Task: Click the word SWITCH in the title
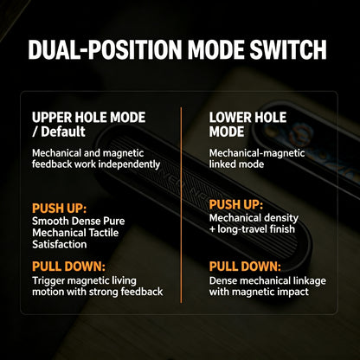(288, 49)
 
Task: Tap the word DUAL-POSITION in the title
(105, 49)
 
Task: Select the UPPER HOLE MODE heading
(89, 118)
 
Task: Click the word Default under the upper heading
(63, 132)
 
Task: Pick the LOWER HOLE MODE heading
(247, 125)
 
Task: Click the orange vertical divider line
(181, 205)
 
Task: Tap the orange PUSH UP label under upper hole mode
(59, 208)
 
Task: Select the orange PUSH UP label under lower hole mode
(236, 204)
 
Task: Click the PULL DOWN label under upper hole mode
(68, 267)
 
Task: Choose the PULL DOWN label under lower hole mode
(245, 267)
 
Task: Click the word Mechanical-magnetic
(257, 153)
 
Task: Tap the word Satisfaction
(60, 244)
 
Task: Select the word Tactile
(104, 233)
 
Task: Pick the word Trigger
(49, 280)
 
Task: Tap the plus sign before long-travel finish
(213, 229)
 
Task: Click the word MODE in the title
(215, 49)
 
